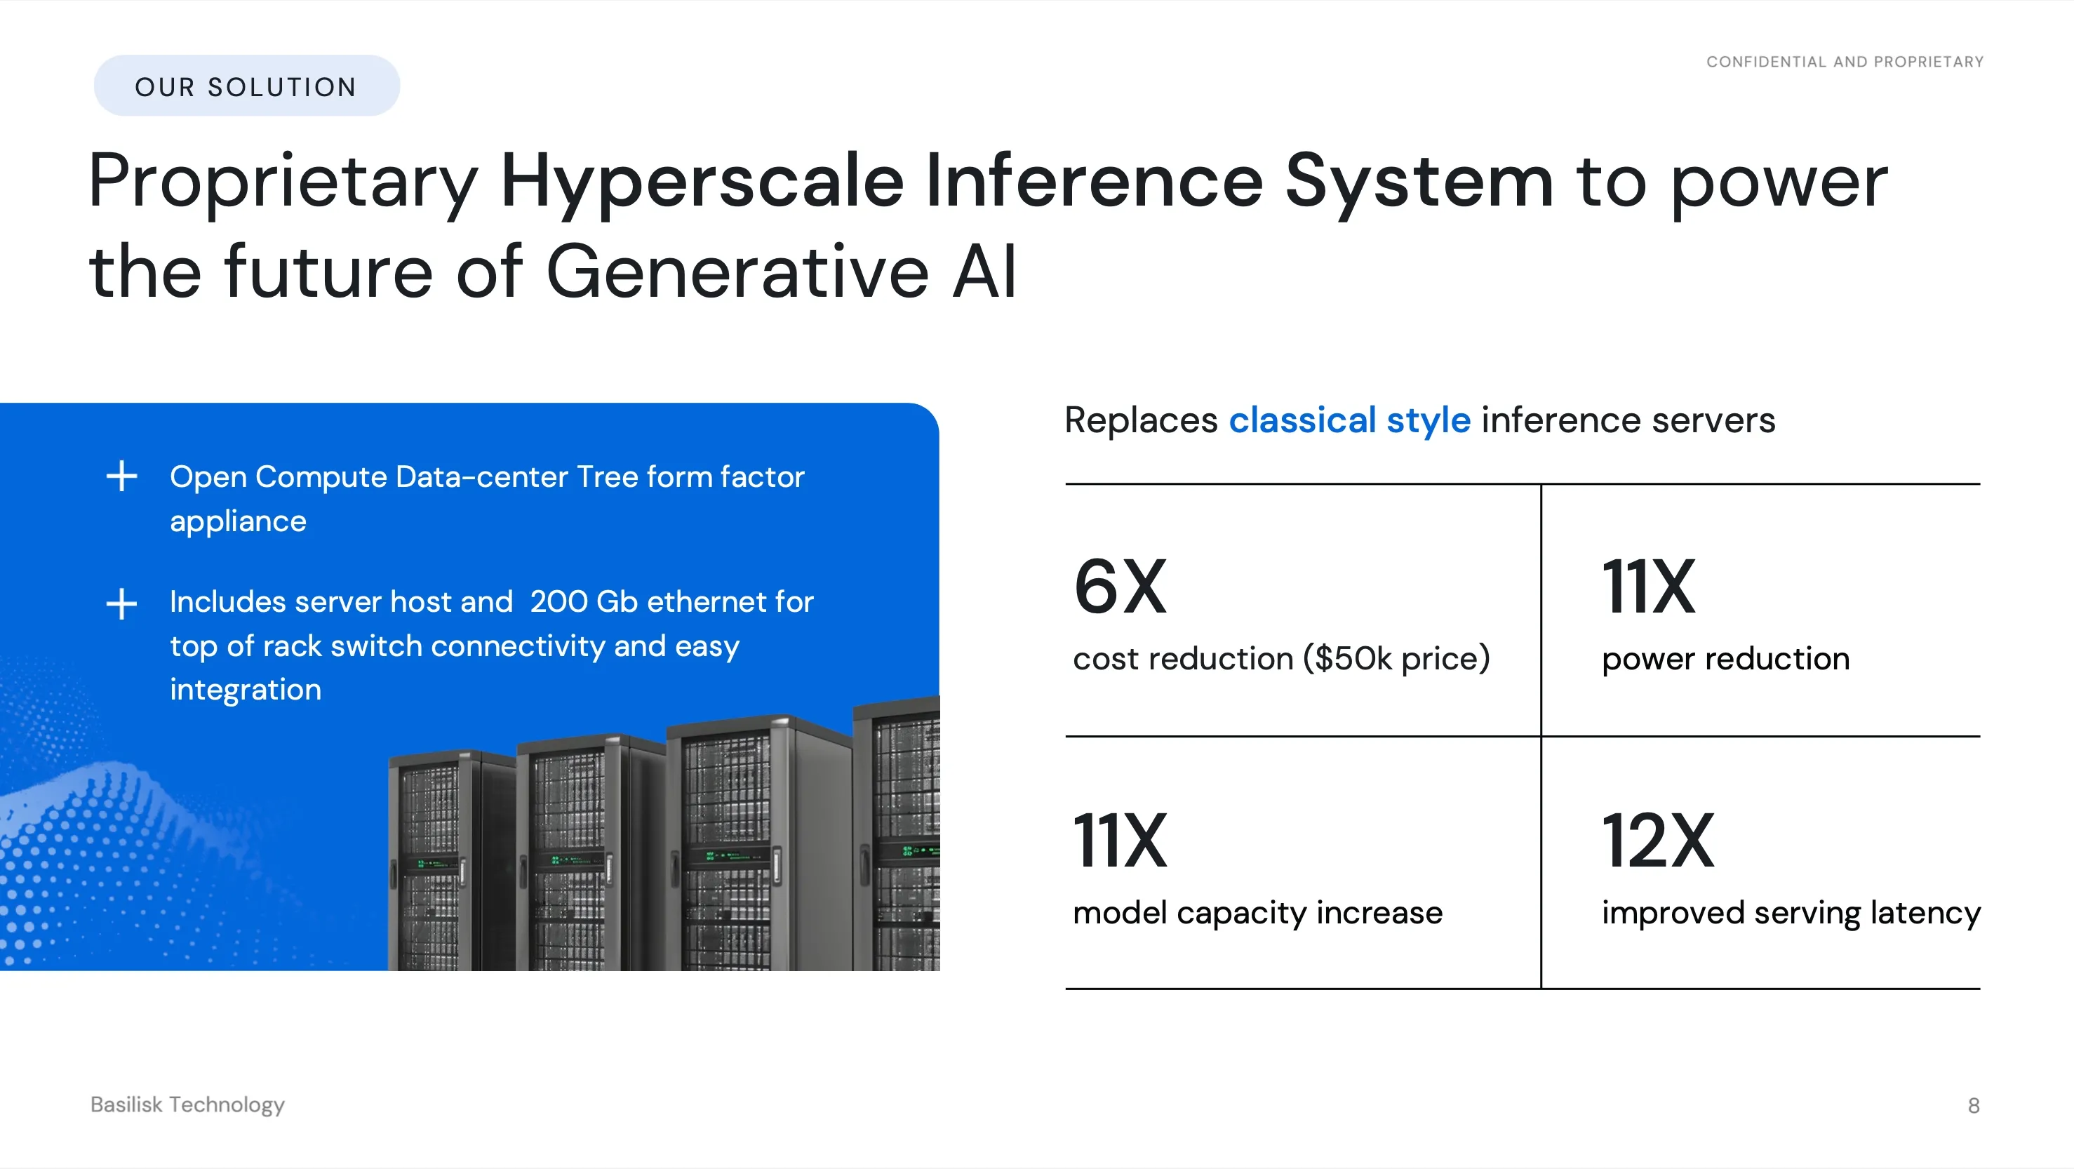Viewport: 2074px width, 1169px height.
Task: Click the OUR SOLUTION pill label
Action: (x=246, y=86)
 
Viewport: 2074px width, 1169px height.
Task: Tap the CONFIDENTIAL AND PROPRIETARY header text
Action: (x=1845, y=62)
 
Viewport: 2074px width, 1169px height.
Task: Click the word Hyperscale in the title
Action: (x=702, y=182)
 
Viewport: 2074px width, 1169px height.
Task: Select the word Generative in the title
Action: (x=737, y=272)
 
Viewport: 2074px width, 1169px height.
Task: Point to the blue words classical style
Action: (x=1349, y=420)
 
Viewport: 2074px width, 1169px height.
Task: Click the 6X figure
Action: (x=1120, y=586)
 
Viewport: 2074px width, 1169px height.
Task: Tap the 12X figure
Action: (x=1658, y=840)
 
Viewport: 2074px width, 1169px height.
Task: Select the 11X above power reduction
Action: (x=1648, y=586)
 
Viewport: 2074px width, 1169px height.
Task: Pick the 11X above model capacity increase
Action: (x=1120, y=840)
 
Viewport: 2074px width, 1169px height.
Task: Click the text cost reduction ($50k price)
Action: (x=1282, y=659)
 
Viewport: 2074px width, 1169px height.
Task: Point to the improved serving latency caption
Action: (x=1791, y=913)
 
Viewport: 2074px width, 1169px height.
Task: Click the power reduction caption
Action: (x=1725, y=659)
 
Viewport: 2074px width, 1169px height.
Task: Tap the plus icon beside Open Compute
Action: (x=121, y=476)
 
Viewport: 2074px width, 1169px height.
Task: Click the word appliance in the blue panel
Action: (x=239, y=522)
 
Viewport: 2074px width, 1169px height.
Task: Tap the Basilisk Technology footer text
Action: (x=187, y=1104)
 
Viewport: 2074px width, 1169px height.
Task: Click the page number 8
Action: (x=1974, y=1105)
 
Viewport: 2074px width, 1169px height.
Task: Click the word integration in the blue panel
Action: (x=246, y=690)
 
